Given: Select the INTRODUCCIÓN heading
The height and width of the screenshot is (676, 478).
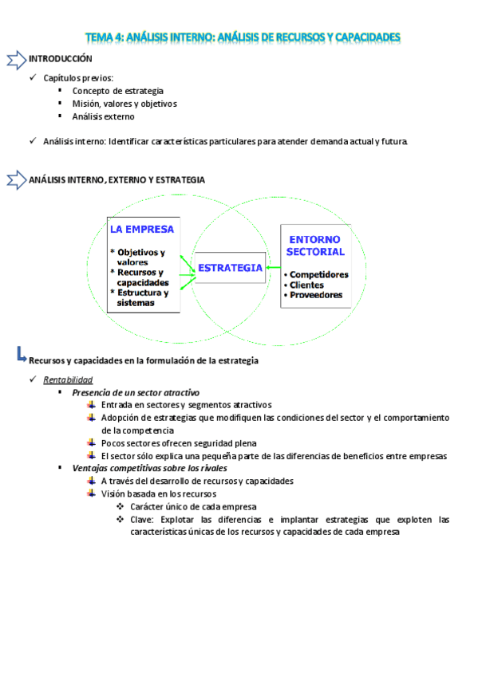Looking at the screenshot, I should click(61, 59).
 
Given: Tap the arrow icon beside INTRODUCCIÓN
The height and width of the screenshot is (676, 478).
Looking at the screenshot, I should click(15, 60).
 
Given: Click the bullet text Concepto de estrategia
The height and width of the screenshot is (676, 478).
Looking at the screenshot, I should click(118, 91).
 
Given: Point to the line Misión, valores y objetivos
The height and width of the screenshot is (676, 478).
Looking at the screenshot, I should click(124, 104).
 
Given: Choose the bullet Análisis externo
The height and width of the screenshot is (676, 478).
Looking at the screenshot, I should click(104, 116).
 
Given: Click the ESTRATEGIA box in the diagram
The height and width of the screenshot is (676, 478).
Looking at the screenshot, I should click(230, 268).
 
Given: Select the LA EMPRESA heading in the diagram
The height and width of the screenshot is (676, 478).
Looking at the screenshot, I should click(142, 229).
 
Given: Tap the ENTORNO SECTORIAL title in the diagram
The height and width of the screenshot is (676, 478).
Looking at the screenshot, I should click(316, 245).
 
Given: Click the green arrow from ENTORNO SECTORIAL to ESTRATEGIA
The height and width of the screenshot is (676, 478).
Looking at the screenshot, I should click(274, 268).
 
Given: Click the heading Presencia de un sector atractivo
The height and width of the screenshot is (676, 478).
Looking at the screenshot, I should click(136, 392).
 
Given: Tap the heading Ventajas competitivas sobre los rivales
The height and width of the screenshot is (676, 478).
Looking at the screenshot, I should click(149, 468).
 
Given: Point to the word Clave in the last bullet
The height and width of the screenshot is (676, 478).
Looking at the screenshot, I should click(141, 519).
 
